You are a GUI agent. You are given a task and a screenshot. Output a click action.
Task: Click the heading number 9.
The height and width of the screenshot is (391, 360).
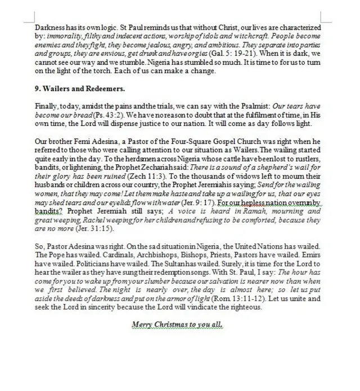[x=37, y=89]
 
